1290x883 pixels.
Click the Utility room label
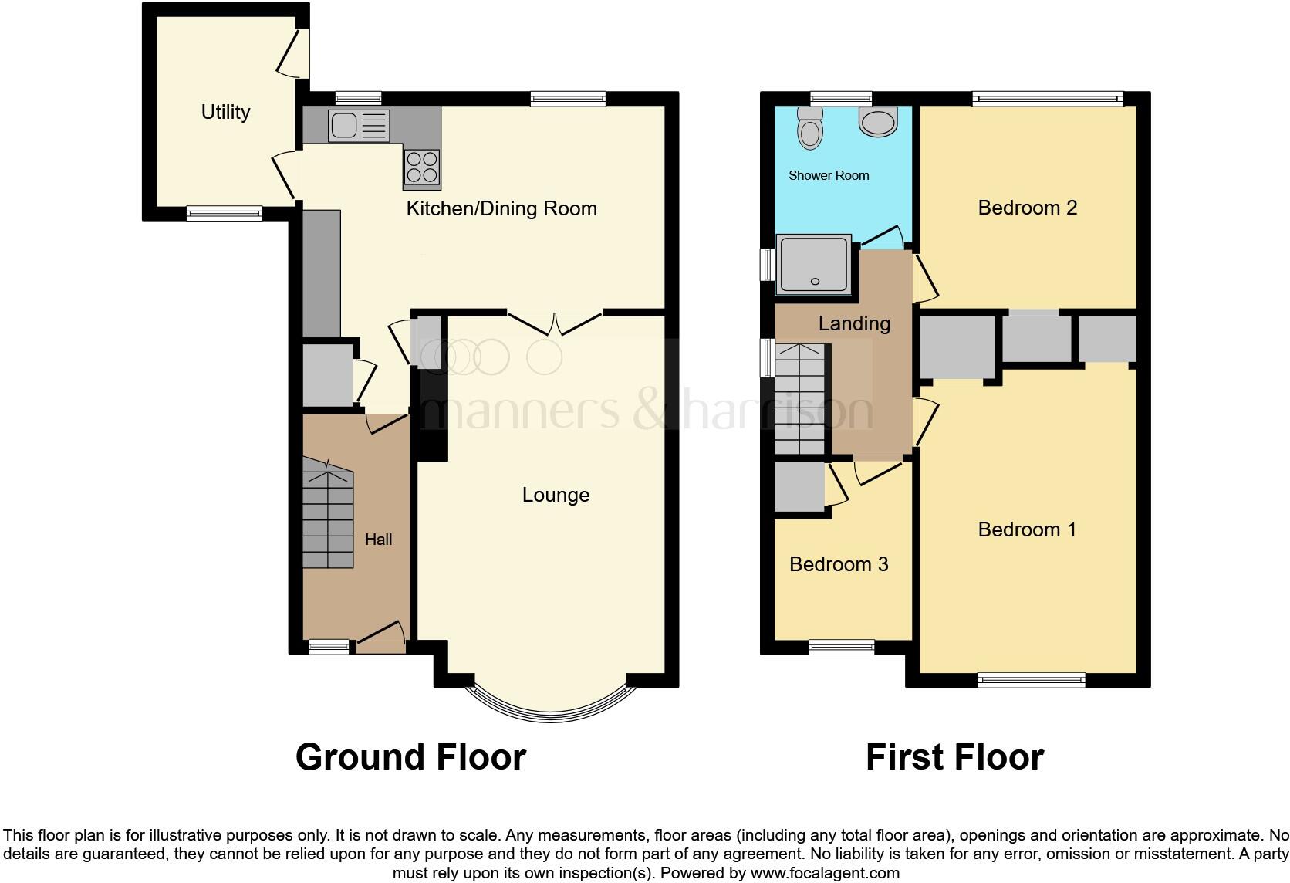click(x=225, y=112)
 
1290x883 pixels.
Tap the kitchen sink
click(x=359, y=126)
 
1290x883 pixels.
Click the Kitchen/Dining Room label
click(x=501, y=208)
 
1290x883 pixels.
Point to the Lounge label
click(x=556, y=495)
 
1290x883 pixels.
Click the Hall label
click(x=378, y=540)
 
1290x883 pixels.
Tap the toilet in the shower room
click(x=809, y=128)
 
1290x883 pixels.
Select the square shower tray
click(x=815, y=265)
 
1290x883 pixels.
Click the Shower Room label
click(x=829, y=176)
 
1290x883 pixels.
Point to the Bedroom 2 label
click(x=1027, y=208)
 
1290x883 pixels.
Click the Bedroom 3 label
click(x=839, y=564)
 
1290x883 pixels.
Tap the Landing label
click(x=854, y=323)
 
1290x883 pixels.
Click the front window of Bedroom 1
click(x=1032, y=679)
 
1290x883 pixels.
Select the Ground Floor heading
click(x=410, y=757)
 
